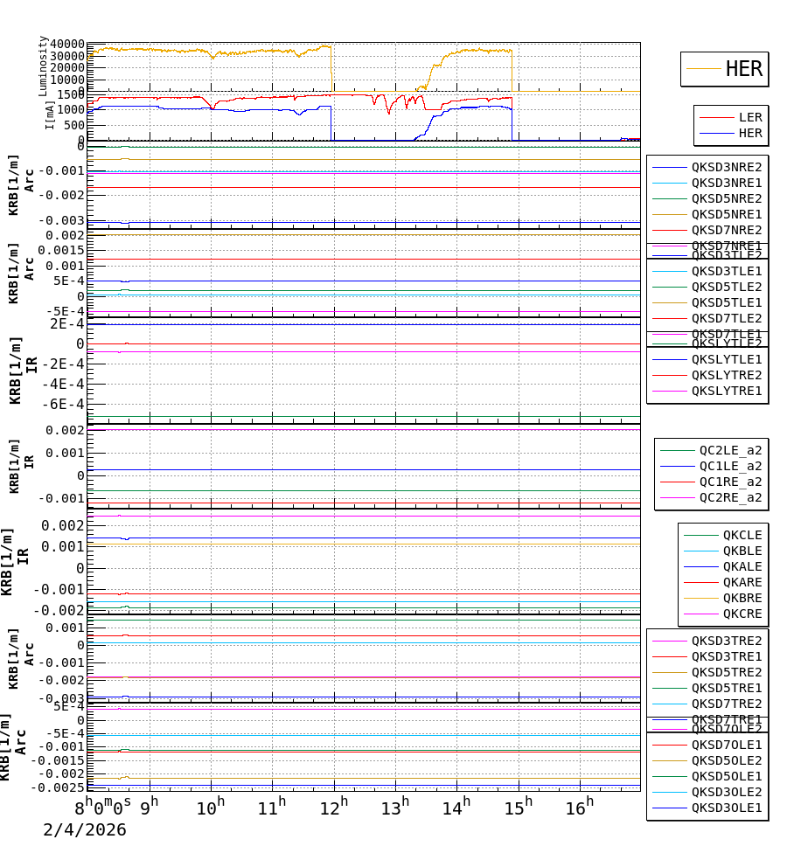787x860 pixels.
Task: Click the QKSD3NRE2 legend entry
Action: (x=727, y=167)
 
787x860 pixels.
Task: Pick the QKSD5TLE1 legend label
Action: (x=727, y=302)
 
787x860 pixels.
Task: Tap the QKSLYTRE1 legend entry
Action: (x=727, y=391)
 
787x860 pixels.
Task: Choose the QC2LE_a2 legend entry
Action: (x=730, y=451)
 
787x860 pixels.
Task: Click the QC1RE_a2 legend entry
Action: (x=730, y=482)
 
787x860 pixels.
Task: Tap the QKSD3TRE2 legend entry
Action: (x=727, y=641)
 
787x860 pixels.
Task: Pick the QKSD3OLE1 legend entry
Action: (x=727, y=808)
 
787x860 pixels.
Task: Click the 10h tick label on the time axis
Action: (x=210, y=808)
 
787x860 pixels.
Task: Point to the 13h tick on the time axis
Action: (x=394, y=808)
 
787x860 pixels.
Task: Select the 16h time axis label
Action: (x=579, y=808)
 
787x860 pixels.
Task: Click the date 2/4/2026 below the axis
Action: (x=85, y=830)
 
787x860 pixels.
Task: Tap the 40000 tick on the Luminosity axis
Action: (x=67, y=45)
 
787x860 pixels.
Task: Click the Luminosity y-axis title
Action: (x=43, y=66)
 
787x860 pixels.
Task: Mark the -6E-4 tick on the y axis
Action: (x=66, y=404)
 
